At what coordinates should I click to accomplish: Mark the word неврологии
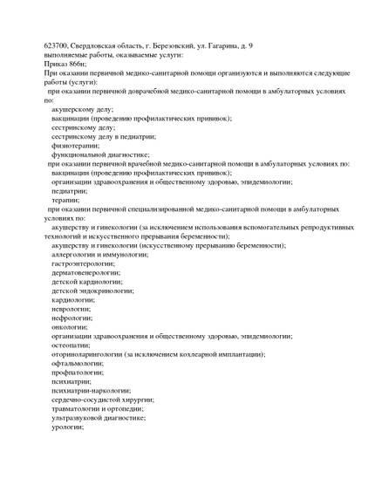tap(72, 308)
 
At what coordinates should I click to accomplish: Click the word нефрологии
tap(72, 318)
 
